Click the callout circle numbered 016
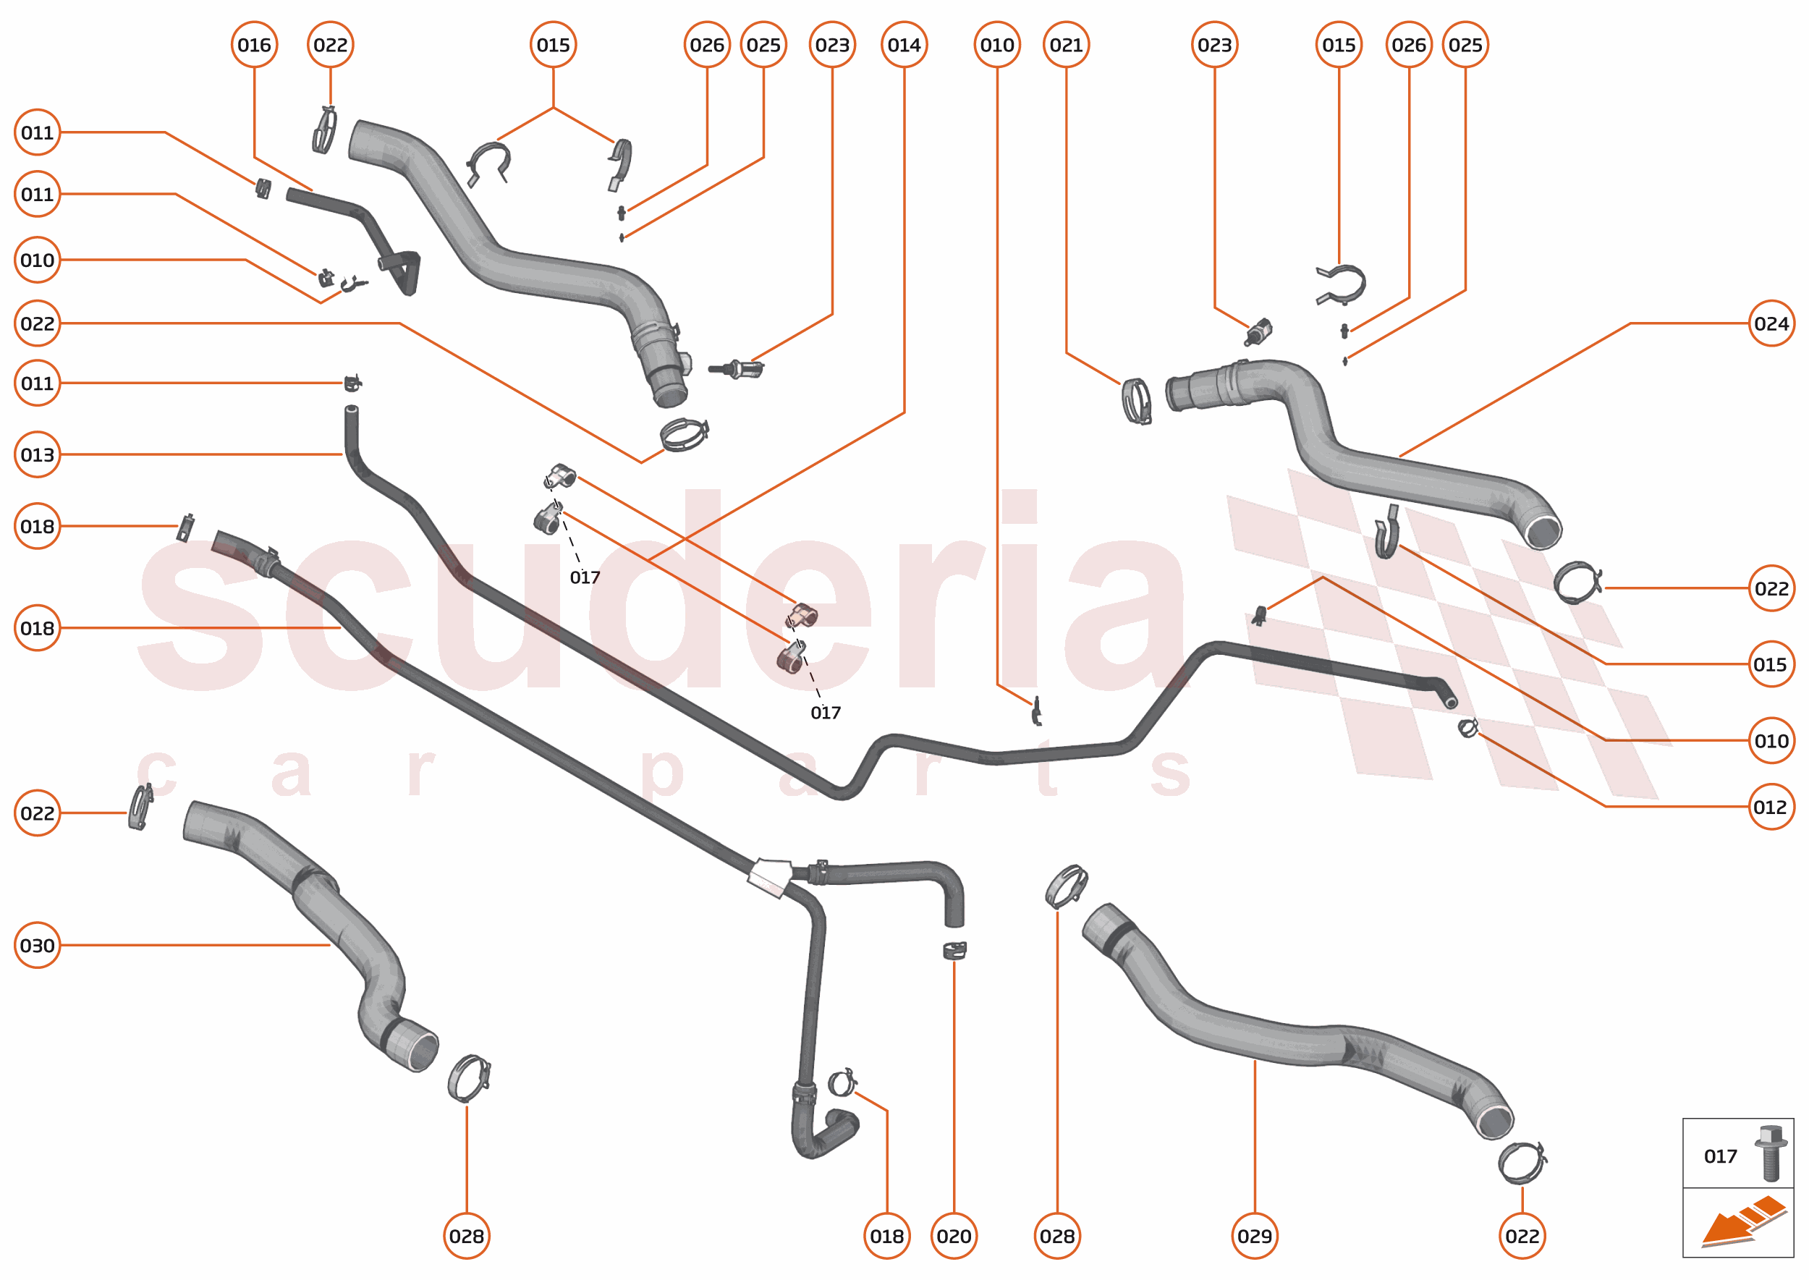[x=254, y=45]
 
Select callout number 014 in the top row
[x=903, y=45]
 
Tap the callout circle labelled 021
[x=1066, y=45]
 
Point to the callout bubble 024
[x=1771, y=323]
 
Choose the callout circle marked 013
[x=37, y=455]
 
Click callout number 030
[x=37, y=945]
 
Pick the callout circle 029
[x=1254, y=1236]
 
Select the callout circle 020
[x=954, y=1236]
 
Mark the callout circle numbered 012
[x=1771, y=807]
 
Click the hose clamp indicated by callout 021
[x=1136, y=401]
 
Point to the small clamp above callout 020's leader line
[x=954, y=951]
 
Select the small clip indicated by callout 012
[x=1467, y=727]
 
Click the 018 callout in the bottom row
[x=886, y=1236]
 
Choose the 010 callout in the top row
[x=997, y=45]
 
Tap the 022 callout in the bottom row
[x=1521, y=1236]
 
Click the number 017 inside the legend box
[x=1720, y=1156]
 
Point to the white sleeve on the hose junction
[x=769, y=877]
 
